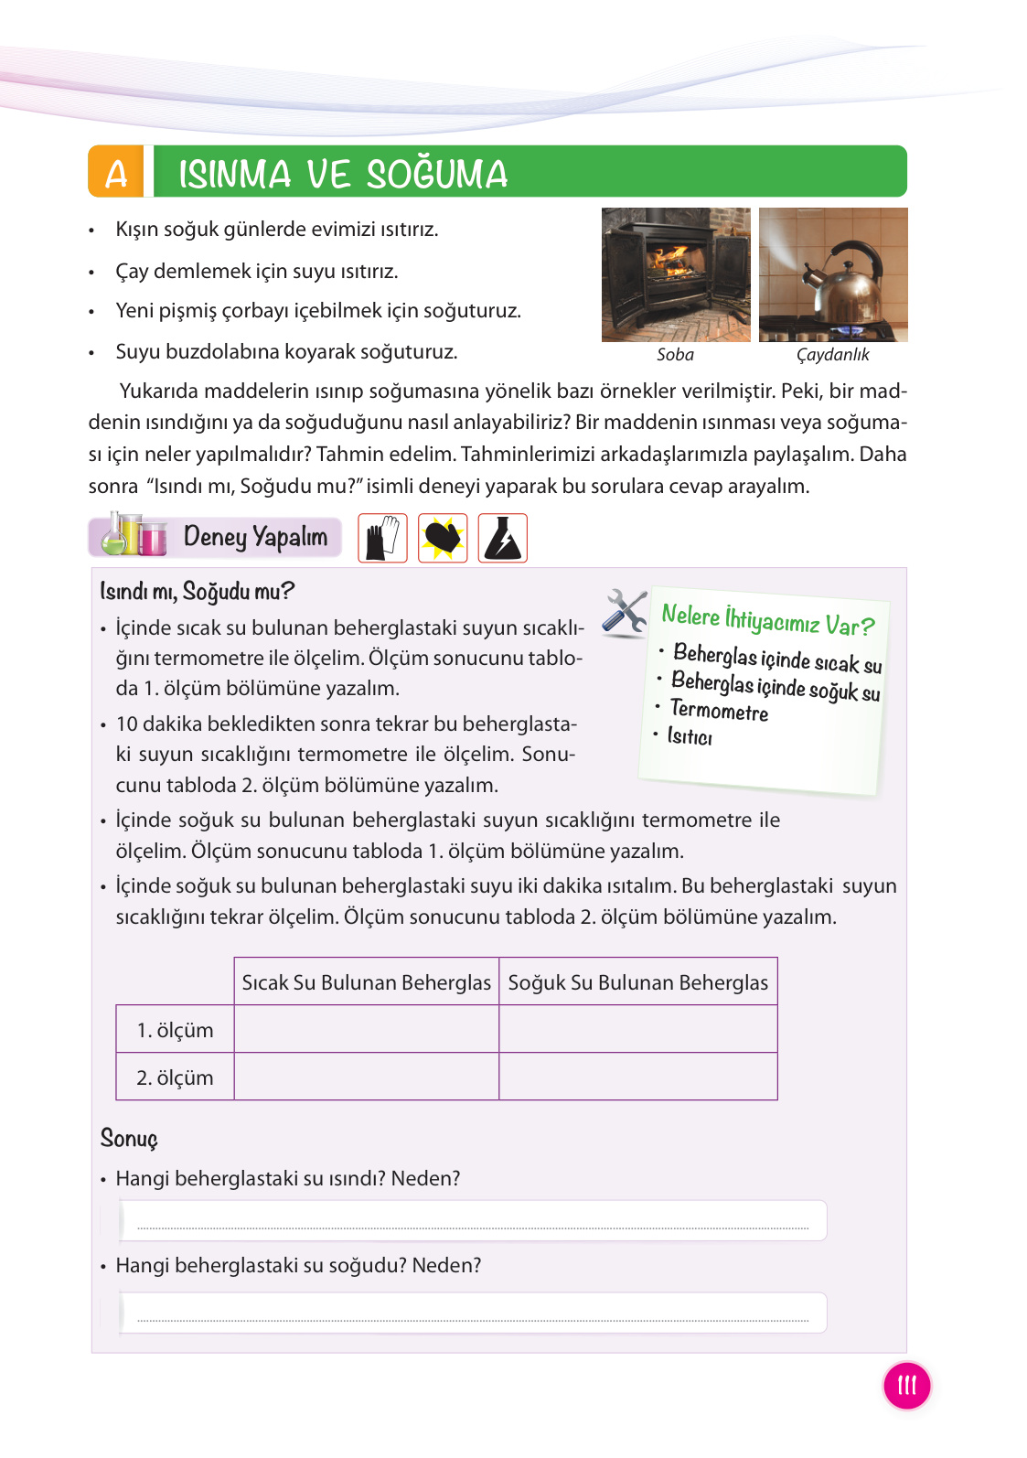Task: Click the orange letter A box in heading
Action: [116, 172]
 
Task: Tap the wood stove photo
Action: [675, 274]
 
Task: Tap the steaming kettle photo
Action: [833, 274]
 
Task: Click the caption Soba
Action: [675, 355]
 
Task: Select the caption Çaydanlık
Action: [832, 355]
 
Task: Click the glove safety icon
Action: [382, 538]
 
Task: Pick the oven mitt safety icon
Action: [443, 538]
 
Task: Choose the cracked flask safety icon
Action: [502, 538]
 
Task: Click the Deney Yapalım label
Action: [255, 537]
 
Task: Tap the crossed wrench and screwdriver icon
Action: [626, 612]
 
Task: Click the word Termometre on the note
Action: [719, 711]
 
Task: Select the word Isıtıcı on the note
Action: [690, 736]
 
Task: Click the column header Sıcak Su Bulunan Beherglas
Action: [366, 982]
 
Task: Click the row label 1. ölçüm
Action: [175, 1030]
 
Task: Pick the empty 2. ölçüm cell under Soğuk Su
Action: [637, 1077]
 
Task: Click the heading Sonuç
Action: [129, 1139]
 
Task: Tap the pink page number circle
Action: [906, 1385]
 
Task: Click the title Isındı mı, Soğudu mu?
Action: [197, 592]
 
